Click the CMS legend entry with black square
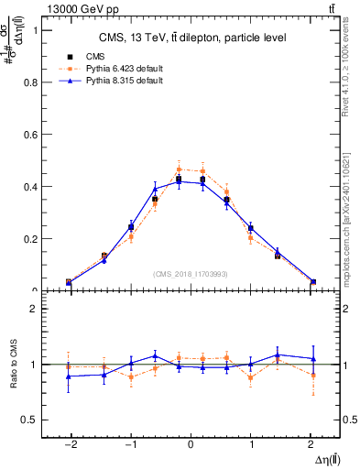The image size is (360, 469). point(88,56)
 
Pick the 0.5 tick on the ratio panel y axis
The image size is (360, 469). point(36,420)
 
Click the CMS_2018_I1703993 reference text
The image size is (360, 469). point(191,274)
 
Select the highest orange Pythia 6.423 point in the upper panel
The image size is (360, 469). point(179,169)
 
